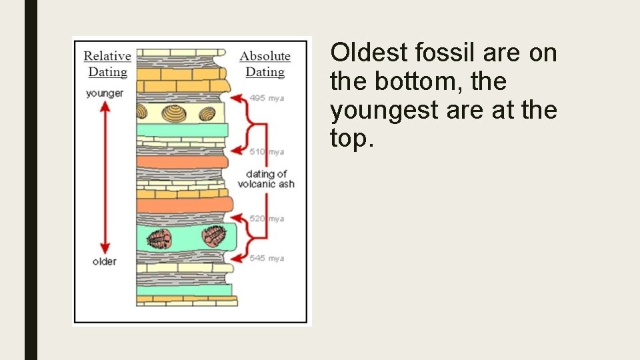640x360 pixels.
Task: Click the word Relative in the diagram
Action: click(107, 56)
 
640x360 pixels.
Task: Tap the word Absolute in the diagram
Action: click(265, 56)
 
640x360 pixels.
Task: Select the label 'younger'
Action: click(105, 93)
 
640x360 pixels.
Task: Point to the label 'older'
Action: click(105, 261)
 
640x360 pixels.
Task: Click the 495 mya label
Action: click(267, 98)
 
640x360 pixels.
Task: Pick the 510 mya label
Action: click(267, 152)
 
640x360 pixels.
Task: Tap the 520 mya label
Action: click(267, 219)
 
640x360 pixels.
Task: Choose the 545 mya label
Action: click(267, 258)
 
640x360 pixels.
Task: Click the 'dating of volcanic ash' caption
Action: click(265, 179)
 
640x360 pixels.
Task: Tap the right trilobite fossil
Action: click(213, 235)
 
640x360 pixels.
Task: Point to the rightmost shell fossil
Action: click(207, 114)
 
